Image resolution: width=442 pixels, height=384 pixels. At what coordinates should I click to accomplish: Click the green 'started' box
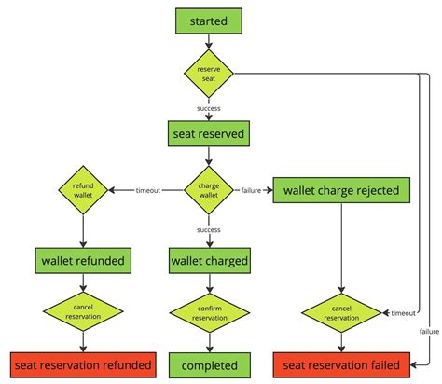pyautogui.click(x=209, y=19)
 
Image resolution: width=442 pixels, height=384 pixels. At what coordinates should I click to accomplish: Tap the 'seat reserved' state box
pyautogui.click(x=209, y=133)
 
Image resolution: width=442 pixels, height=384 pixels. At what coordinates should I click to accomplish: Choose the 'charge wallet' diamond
pyautogui.click(x=209, y=190)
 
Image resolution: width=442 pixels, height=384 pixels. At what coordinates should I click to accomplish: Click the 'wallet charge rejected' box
pyautogui.click(x=342, y=191)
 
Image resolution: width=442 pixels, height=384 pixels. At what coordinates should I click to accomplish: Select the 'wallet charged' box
pyautogui.click(x=209, y=260)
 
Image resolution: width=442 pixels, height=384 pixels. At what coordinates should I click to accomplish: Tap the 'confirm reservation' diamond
pyautogui.click(x=209, y=312)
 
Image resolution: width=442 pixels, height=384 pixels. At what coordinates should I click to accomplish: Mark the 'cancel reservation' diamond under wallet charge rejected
pyautogui.click(x=342, y=312)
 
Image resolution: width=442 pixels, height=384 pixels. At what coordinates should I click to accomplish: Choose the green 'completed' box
pyautogui.click(x=209, y=364)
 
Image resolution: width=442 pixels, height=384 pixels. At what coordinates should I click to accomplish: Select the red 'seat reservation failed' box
pyautogui.click(x=342, y=364)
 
